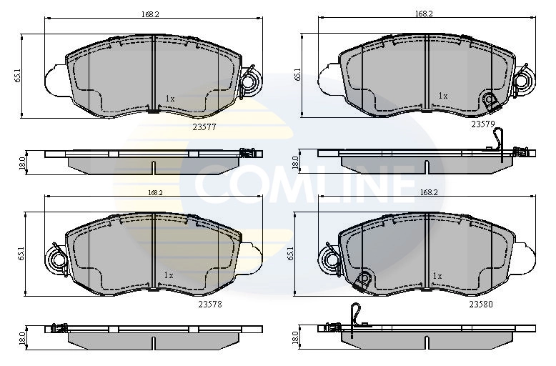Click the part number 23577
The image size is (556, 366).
point(204,127)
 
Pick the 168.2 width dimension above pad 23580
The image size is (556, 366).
point(430,192)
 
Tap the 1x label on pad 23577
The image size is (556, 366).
point(169,99)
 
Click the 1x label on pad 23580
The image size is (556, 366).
point(437,275)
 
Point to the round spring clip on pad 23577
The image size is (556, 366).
point(251,83)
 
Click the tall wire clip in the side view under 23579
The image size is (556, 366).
point(505,143)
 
